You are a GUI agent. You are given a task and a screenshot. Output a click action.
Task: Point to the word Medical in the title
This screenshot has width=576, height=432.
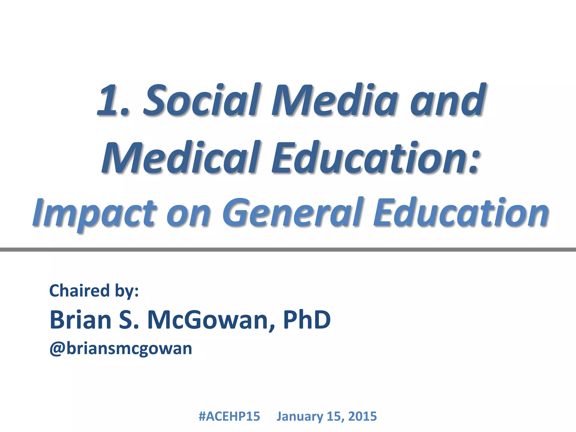coord(180,157)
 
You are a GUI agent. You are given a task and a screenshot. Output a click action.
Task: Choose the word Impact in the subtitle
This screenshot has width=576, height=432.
coord(94,214)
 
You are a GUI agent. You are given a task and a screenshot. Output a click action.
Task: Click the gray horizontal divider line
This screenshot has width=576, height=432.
coord(288,249)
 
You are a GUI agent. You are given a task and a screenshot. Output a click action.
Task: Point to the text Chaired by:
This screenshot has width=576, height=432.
coord(94,291)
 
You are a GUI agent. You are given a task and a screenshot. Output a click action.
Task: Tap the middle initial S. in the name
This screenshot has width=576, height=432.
coord(129,320)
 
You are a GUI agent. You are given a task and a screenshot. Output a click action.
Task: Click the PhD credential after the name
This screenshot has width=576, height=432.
coord(307,320)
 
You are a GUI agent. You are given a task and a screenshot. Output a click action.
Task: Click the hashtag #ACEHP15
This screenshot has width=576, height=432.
coord(229,416)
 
